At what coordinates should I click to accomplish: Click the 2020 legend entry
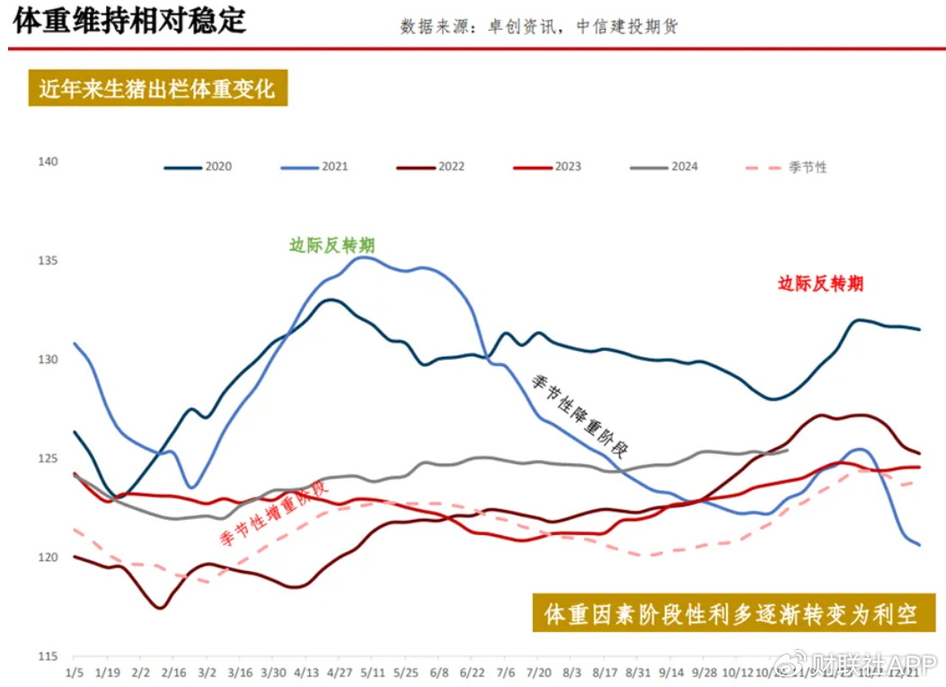(198, 167)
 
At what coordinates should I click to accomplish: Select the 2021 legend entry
(314, 167)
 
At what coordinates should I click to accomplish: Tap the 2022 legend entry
(429, 167)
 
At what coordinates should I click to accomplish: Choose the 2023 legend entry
(546, 167)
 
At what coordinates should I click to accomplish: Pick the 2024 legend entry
(663, 167)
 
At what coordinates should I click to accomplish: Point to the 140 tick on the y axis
(48, 162)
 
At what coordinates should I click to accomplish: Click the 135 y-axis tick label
(48, 260)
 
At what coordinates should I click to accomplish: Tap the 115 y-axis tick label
(48, 656)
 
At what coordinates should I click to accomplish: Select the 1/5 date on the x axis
(75, 672)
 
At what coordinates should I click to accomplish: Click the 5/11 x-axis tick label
(373, 672)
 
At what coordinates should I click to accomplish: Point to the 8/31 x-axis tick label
(638, 672)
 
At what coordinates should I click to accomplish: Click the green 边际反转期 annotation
(332, 245)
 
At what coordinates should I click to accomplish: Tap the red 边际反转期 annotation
(820, 284)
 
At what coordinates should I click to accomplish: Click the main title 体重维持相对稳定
(128, 22)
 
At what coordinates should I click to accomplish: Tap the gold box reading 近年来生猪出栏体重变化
(157, 89)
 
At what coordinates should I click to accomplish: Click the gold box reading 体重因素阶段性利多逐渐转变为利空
(732, 615)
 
